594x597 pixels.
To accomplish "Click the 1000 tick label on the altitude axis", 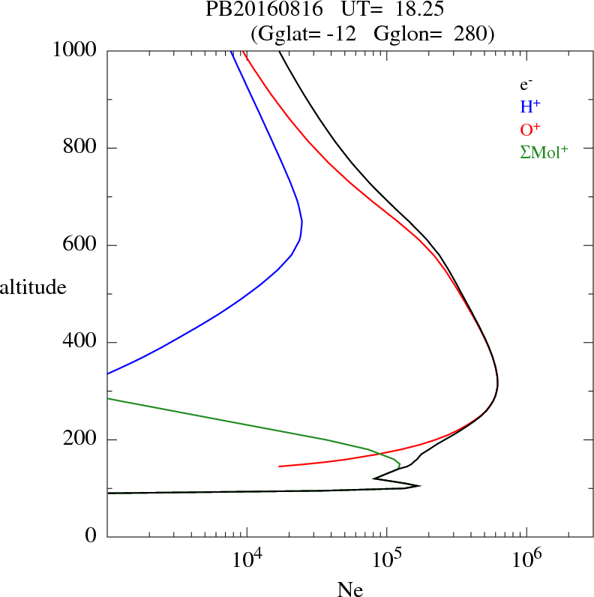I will click(76, 50).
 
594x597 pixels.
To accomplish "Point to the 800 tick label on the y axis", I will click(80, 148).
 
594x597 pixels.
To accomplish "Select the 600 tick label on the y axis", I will click(80, 245).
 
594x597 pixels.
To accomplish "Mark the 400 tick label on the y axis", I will click(80, 343).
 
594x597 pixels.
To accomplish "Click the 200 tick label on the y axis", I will click(80, 439).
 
